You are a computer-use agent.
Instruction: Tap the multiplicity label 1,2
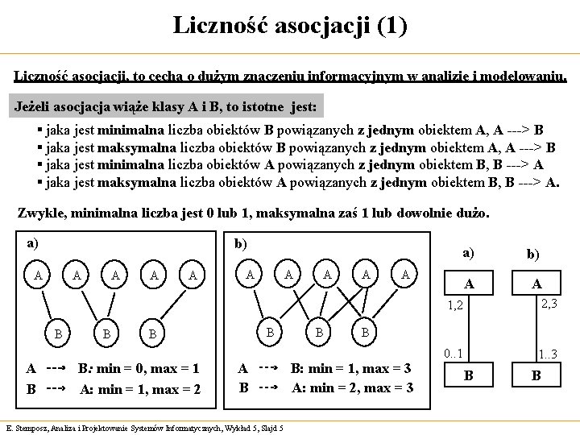point(458,305)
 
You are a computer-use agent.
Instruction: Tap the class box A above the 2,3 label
point(536,284)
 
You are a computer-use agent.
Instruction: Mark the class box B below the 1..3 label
point(536,375)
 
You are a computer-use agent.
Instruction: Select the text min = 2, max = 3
point(365,388)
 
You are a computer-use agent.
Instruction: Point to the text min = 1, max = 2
point(153,388)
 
